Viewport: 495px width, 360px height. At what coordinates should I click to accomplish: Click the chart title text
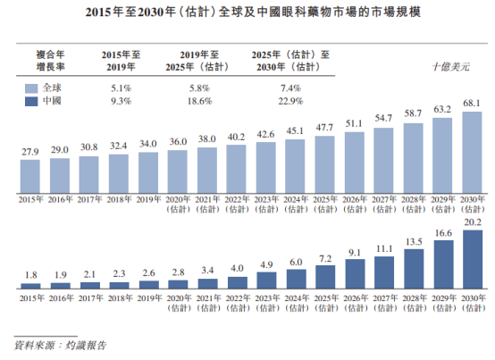247,12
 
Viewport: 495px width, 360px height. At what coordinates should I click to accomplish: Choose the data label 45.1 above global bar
294,131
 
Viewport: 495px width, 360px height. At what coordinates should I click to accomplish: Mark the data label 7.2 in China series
323,258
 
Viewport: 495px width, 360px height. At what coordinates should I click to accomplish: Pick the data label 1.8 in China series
30,275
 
